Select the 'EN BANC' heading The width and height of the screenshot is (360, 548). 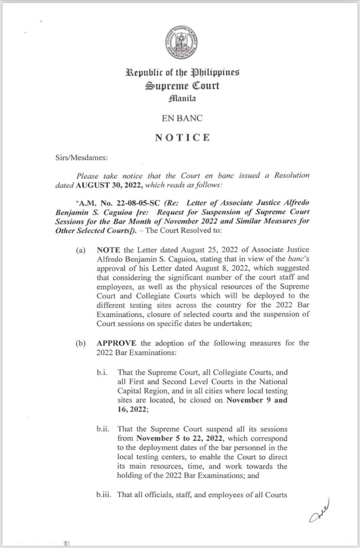pyautogui.click(x=180, y=118)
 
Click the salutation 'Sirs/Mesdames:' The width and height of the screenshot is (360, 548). pyautogui.click(x=77, y=158)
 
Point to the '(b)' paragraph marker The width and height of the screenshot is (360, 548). pyautogui.click(x=81, y=343)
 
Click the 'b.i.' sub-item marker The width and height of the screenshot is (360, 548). pyautogui.click(x=103, y=372)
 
